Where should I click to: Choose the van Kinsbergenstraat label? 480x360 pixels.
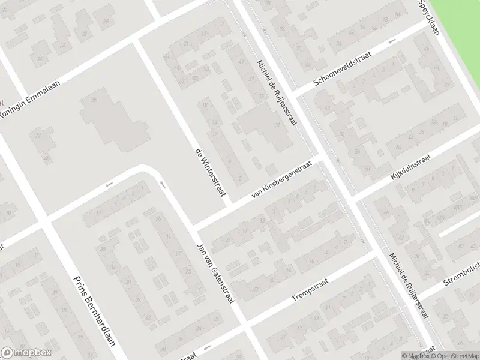[282, 178]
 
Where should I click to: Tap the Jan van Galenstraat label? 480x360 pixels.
[215, 274]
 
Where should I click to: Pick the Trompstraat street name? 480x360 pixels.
[311, 289]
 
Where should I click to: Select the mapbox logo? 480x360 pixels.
[26, 353]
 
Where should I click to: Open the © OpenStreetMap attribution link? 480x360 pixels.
[454, 356]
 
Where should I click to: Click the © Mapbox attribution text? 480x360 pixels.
[415, 356]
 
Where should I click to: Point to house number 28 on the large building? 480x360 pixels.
[93, 100]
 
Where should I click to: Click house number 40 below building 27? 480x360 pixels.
[47, 158]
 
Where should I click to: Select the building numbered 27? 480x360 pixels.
[39, 136]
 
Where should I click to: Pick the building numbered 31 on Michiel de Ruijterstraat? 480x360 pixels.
[277, 125]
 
